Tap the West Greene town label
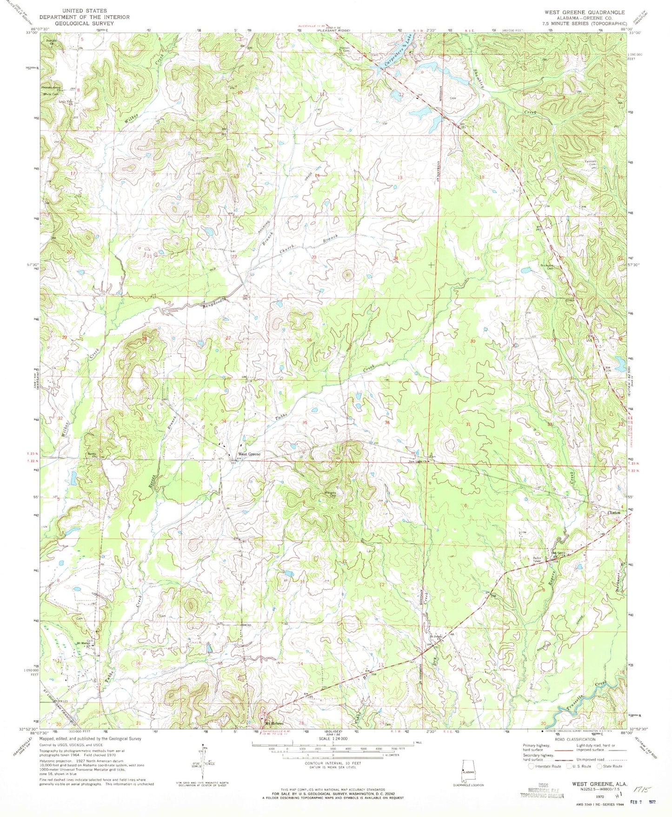coord(249,454)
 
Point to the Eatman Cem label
coord(590,163)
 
